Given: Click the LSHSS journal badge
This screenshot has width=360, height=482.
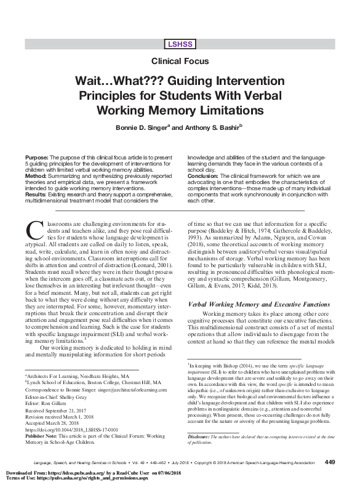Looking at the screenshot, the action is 180,43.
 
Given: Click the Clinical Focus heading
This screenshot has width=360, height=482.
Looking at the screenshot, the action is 180,61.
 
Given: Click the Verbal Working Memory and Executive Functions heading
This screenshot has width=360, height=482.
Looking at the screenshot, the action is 259,304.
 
